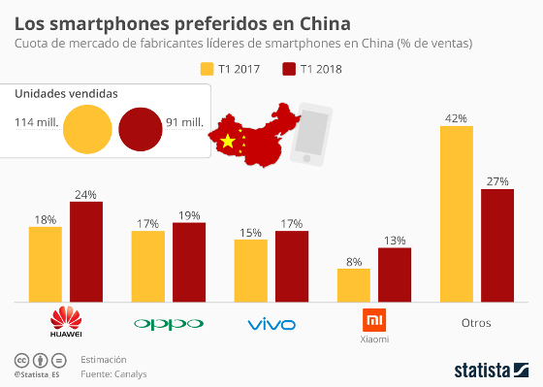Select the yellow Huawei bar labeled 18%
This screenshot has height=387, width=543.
coord(46,264)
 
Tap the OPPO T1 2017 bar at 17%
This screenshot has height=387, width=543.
coord(147,266)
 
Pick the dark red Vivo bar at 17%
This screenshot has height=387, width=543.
coord(292,266)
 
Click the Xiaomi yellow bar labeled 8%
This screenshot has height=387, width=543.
coord(354,285)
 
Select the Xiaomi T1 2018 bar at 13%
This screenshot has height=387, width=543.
coord(395,274)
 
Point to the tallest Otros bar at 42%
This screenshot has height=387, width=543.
coord(457,213)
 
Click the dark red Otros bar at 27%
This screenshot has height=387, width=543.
coord(497,244)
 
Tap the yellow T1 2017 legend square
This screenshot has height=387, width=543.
coord(207,69)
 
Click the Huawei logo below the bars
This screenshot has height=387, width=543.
coord(66,321)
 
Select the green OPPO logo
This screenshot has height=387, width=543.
coord(169,323)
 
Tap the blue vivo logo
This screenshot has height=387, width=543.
coord(271,323)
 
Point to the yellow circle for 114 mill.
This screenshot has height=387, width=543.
coord(86,130)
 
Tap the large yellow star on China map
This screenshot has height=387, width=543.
coord(229,143)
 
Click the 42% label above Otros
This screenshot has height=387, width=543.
coord(457,118)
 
